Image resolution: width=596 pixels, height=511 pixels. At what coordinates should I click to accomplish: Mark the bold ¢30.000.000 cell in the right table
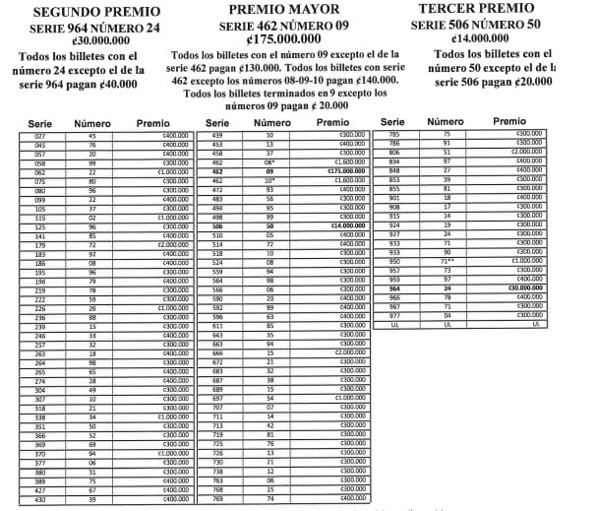pos(521,287)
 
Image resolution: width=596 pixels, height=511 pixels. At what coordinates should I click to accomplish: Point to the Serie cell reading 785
pos(394,135)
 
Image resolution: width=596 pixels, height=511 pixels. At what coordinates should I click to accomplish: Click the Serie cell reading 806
pos(394,153)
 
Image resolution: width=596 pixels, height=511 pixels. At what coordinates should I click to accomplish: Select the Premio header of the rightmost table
pos(508,122)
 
